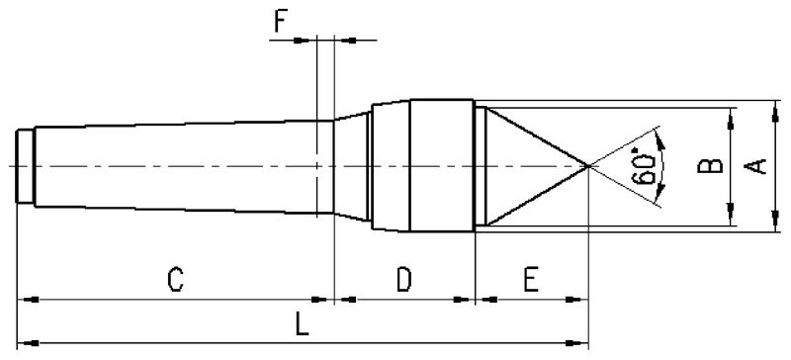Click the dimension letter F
pos(282,22)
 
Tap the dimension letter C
pos(175,280)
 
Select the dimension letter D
pos(403,280)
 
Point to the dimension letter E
pos(531,280)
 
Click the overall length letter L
pos(302,323)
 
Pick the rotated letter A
pos(755,166)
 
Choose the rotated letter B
pos(710,166)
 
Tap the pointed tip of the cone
pos(588,165)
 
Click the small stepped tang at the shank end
pos(26,166)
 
